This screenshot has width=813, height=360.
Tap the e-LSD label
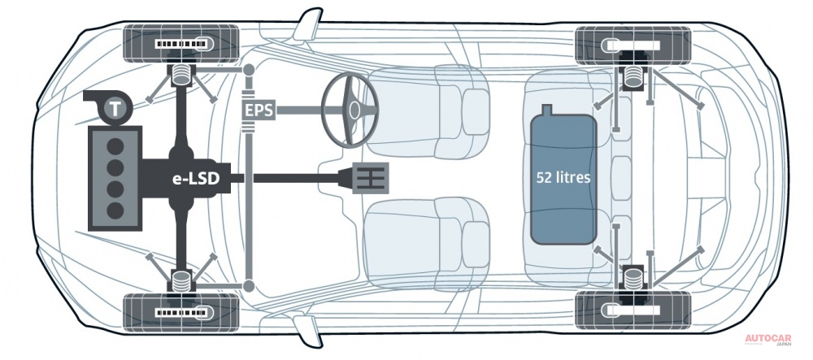(x=196, y=179)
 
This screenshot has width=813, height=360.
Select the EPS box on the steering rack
(x=259, y=110)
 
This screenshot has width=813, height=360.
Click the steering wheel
(x=350, y=110)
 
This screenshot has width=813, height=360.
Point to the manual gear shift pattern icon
(x=370, y=178)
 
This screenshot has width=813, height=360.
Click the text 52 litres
(x=563, y=178)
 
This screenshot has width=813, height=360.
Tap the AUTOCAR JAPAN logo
(x=768, y=341)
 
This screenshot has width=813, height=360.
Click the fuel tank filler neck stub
(x=546, y=110)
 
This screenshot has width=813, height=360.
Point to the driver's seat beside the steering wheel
(x=425, y=111)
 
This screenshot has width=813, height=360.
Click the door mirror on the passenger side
(x=305, y=331)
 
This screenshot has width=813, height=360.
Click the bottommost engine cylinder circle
(x=115, y=210)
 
